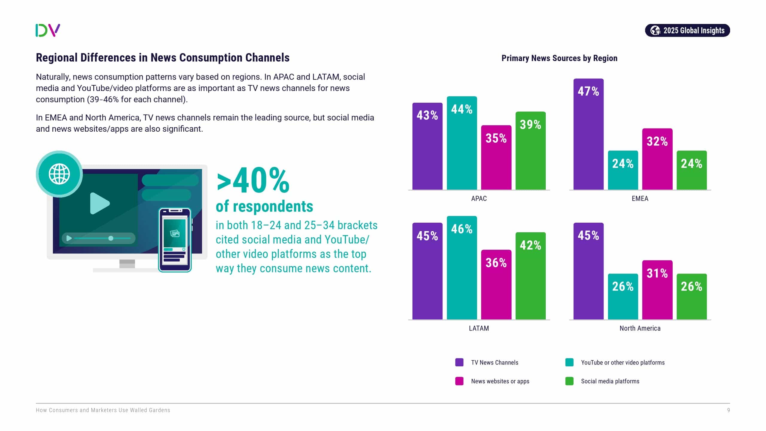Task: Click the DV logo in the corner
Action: tap(48, 30)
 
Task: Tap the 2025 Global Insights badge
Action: tap(687, 31)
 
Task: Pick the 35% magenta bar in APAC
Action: tap(496, 157)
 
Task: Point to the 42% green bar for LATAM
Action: tap(531, 276)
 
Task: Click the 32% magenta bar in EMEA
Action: tap(657, 159)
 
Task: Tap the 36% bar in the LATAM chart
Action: tap(496, 285)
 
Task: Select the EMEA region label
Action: tap(640, 199)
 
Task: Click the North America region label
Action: tap(640, 328)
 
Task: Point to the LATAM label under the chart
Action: tap(479, 328)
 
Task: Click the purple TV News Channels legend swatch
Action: tap(459, 362)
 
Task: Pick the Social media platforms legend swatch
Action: tap(569, 381)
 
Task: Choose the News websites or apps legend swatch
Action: tap(459, 381)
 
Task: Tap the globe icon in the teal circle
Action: tap(59, 174)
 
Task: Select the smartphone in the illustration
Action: tap(175, 240)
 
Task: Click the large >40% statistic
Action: tap(253, 181)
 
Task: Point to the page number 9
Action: tap(728, 410)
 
